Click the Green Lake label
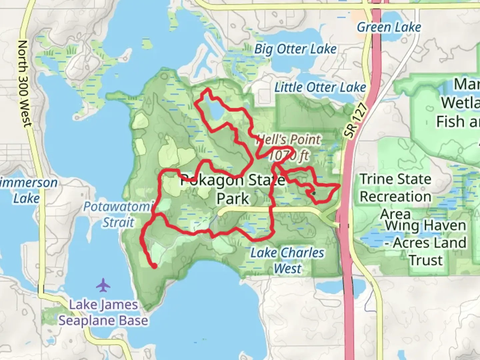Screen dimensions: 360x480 tap(389, 27)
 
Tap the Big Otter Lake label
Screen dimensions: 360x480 tap(295, 49)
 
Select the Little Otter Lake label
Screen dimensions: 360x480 tap(320, 88)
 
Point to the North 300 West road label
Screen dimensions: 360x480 tap(24, 83)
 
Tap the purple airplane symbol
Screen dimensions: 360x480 tap(103, 285)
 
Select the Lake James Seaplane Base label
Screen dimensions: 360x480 tap(103, 313)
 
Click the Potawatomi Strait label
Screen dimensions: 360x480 tap(118, 214)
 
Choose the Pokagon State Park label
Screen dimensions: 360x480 tap(233, 189)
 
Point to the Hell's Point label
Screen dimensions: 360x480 tap(289, 140)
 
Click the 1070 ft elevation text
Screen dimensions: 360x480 tap(289, 155)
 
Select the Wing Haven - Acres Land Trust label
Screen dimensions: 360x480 tap(426, 243)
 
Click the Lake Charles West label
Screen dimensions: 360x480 tap(287, 260)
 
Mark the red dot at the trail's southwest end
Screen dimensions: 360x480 tap(155, 266)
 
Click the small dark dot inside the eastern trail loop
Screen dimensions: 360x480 tap(314, 193)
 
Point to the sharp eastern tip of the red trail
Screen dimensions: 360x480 tap(340, 184)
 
